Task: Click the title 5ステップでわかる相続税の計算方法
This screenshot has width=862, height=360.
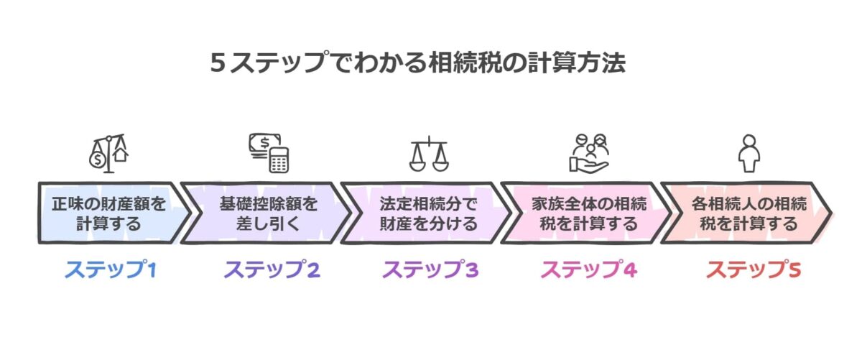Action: [417, 63]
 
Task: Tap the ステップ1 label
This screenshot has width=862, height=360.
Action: [110, 270]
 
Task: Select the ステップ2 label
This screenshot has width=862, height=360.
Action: [272, 270]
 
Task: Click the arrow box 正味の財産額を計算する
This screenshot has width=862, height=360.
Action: [108, 213]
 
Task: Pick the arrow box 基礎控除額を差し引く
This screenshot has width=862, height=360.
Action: [267, 213]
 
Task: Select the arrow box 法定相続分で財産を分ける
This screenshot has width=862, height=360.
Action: [428, 213]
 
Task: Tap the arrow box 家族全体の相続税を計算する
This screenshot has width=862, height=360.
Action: [588, 213]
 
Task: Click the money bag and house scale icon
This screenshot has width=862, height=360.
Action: [108, 153]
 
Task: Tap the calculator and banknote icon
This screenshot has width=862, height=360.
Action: [268, 152]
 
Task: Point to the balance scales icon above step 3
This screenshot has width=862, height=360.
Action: [428, 153]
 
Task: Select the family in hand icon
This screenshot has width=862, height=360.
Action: [589, 152]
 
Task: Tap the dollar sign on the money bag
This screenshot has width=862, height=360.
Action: [97, 160]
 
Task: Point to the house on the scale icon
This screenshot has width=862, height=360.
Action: [120, 153]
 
